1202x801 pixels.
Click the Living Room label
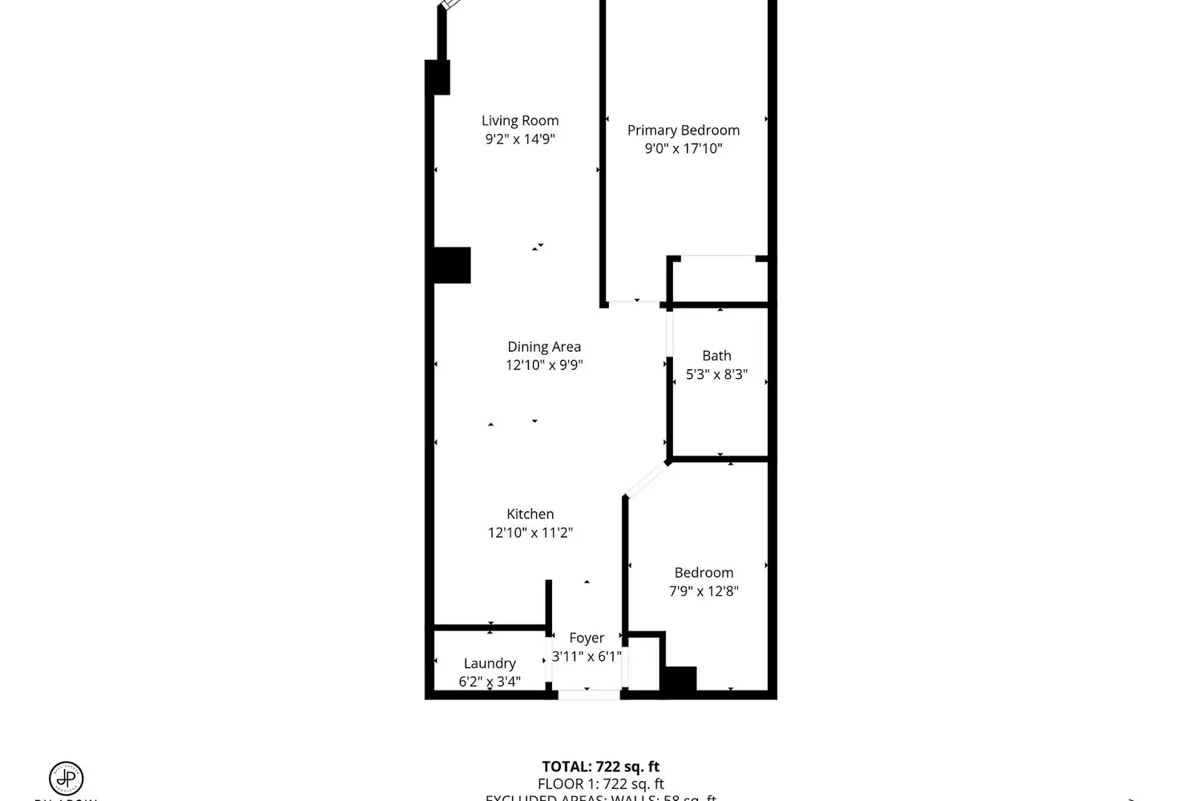[x=520, y=121]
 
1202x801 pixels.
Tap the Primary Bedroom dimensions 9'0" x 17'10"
[x=684, y=148]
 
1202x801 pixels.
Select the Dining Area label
[x=544, y=347]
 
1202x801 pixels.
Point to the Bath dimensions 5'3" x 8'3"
[x=716, y=374]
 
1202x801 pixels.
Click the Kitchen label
[x=530, y=514]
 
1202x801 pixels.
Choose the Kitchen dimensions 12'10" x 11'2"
[x=530, y=533]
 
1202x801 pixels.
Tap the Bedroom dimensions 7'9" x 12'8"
[x=704, y=591]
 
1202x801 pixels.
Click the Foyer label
[x=587, y=638]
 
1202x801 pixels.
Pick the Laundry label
[x=490, y=663]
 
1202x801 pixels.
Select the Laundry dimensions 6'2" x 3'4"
[x=490, y=682]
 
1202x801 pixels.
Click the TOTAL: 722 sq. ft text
[x=600, y=767]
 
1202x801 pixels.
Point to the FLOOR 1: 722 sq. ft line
[x=600, y=784]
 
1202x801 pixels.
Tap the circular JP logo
[x=67, y=778]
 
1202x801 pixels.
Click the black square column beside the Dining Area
[x=452, y=265]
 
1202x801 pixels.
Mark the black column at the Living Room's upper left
[x=437, y=78]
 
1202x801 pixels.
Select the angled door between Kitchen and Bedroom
[x=647, y=480]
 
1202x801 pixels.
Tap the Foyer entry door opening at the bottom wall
[x=588, y=694]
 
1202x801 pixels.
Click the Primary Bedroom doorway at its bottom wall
[x=634, y=303]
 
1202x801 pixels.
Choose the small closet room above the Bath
[x=718, y=280]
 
